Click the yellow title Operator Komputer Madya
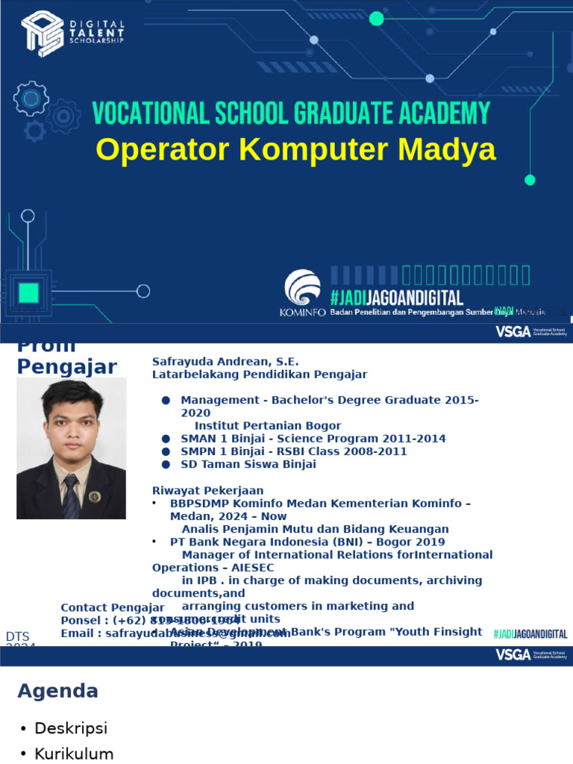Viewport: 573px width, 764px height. point(295,149)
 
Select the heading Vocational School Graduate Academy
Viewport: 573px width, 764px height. point(291,113)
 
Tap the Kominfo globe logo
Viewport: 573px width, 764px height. point(302,288)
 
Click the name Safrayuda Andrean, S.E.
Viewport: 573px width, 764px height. point(225,361)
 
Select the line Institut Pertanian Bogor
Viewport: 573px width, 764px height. point(268,425)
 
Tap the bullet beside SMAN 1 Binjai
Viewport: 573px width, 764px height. point(166,439)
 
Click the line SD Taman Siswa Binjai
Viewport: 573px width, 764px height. point(248,464)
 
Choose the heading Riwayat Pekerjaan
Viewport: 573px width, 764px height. point(208,490)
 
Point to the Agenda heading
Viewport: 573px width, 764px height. point(57,691)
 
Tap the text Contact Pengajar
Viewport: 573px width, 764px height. point(113,607)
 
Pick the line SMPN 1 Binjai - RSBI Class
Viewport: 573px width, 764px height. point(294,451)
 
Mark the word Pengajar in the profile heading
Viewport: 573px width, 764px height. point(66,366)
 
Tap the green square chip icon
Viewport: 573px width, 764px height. point(28,292)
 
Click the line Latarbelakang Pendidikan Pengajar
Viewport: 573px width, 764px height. point(260,374)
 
